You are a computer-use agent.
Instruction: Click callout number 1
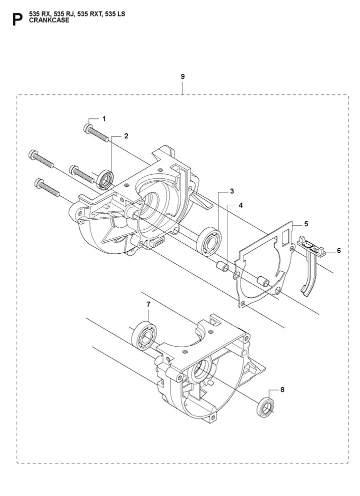(104, 119)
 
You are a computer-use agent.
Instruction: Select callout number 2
(126, 136)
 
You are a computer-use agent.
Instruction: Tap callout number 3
(232, 191)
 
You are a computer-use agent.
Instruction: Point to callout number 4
(240, 205)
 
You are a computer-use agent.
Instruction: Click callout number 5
(306, 224)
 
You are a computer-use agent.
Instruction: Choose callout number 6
(339, 251)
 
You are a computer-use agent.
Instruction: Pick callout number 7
(148, 304)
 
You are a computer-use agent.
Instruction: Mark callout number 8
(282, 390)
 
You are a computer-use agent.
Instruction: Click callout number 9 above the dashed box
(182, 76)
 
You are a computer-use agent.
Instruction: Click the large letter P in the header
(17, 19)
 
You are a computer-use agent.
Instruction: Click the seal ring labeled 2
(106, 179)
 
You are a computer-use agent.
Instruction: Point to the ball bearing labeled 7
(144, 336)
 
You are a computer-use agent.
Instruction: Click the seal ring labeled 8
(265, 408)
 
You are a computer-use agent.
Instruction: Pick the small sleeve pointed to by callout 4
(222, 266)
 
